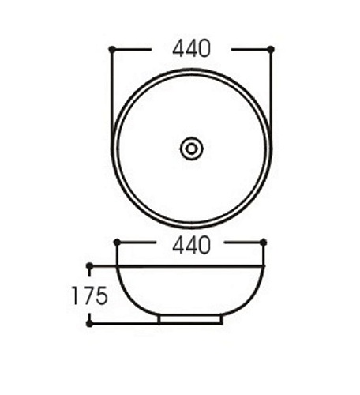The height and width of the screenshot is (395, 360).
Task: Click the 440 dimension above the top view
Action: [x=192, y=48]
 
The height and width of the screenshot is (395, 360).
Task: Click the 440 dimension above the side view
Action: [x=192, y=245]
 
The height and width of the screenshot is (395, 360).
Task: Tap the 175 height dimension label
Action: [x=90, y=295]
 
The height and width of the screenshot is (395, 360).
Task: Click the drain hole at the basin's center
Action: [x=192, y=149]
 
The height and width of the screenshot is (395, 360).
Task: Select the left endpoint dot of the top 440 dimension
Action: [x=112, y=49]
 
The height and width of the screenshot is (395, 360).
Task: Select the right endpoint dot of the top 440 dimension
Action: [x=271, y=49]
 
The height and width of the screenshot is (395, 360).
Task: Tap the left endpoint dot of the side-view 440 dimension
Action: [x=117, y=243]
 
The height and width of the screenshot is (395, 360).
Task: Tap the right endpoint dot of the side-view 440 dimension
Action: [x=264, y=243]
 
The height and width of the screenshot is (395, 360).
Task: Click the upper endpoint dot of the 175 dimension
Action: [x=89, y=266]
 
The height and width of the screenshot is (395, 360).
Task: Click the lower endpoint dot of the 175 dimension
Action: [x=89, y=324]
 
